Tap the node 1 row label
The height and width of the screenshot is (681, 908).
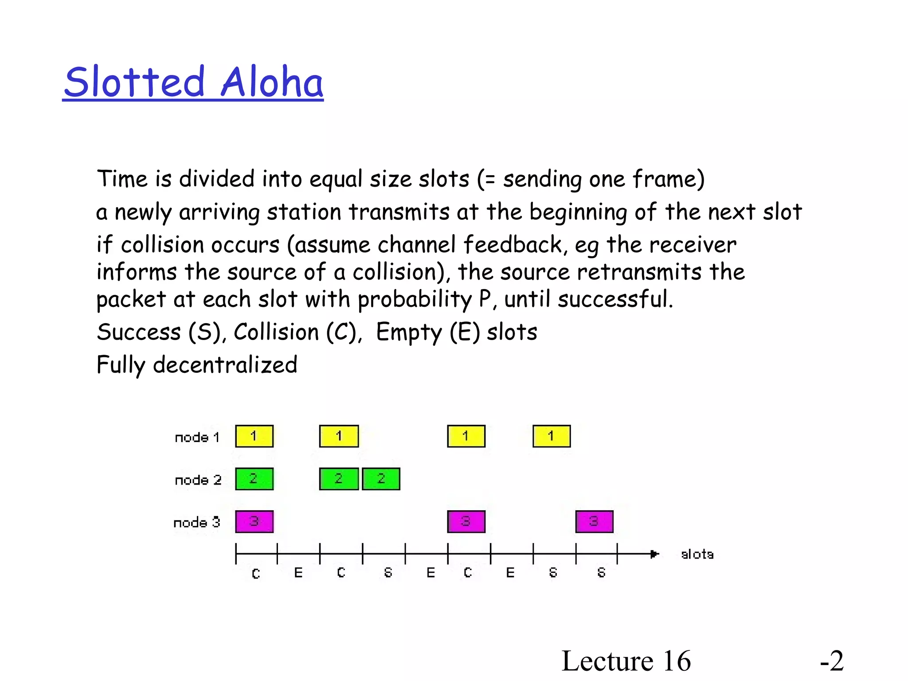point(197,437)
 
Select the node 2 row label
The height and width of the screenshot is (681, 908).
point(198,480)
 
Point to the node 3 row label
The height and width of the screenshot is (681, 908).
point(197,522)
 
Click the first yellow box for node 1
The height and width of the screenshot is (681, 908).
point(254,436)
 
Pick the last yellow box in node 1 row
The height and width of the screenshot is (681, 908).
point(552,436)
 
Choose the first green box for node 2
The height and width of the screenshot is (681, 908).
point(254,479)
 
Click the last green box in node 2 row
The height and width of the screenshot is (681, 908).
point(381,479)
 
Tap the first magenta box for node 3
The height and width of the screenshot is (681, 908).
point(254,521)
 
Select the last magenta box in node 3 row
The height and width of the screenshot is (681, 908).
point(594,521)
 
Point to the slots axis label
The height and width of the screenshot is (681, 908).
point(697,554)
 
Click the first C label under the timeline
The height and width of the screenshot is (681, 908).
point(256,574)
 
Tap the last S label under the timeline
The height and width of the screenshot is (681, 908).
point(601,573)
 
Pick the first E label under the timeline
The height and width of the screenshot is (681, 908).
point(298,573)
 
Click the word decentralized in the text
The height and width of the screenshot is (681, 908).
point(225,365)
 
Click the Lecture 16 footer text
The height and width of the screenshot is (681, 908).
point(626,661)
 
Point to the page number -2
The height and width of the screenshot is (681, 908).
point(832,661)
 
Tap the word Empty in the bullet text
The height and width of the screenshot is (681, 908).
point(409,332)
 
